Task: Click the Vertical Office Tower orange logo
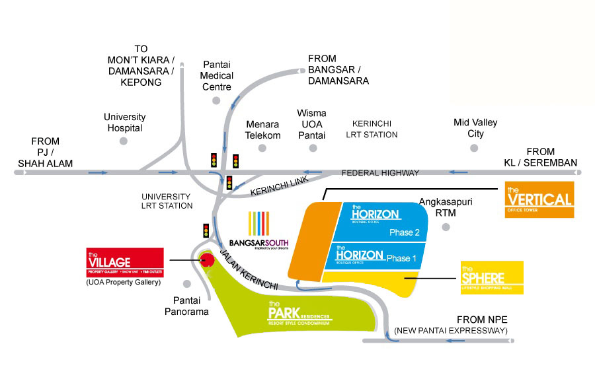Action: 539,199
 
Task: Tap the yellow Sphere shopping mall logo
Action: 493,278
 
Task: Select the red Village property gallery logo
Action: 125,262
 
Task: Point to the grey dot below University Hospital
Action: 123,141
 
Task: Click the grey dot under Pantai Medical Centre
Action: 216,101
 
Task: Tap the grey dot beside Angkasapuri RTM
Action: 446,227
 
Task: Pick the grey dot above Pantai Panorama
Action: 188,284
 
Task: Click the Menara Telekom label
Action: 263,129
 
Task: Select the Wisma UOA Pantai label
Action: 311,123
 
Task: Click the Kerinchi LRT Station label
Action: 375,129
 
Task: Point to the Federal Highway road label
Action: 380,173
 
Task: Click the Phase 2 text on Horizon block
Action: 405,232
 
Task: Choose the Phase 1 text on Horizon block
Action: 401,258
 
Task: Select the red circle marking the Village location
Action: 208,259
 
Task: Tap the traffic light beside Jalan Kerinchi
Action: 206,230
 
